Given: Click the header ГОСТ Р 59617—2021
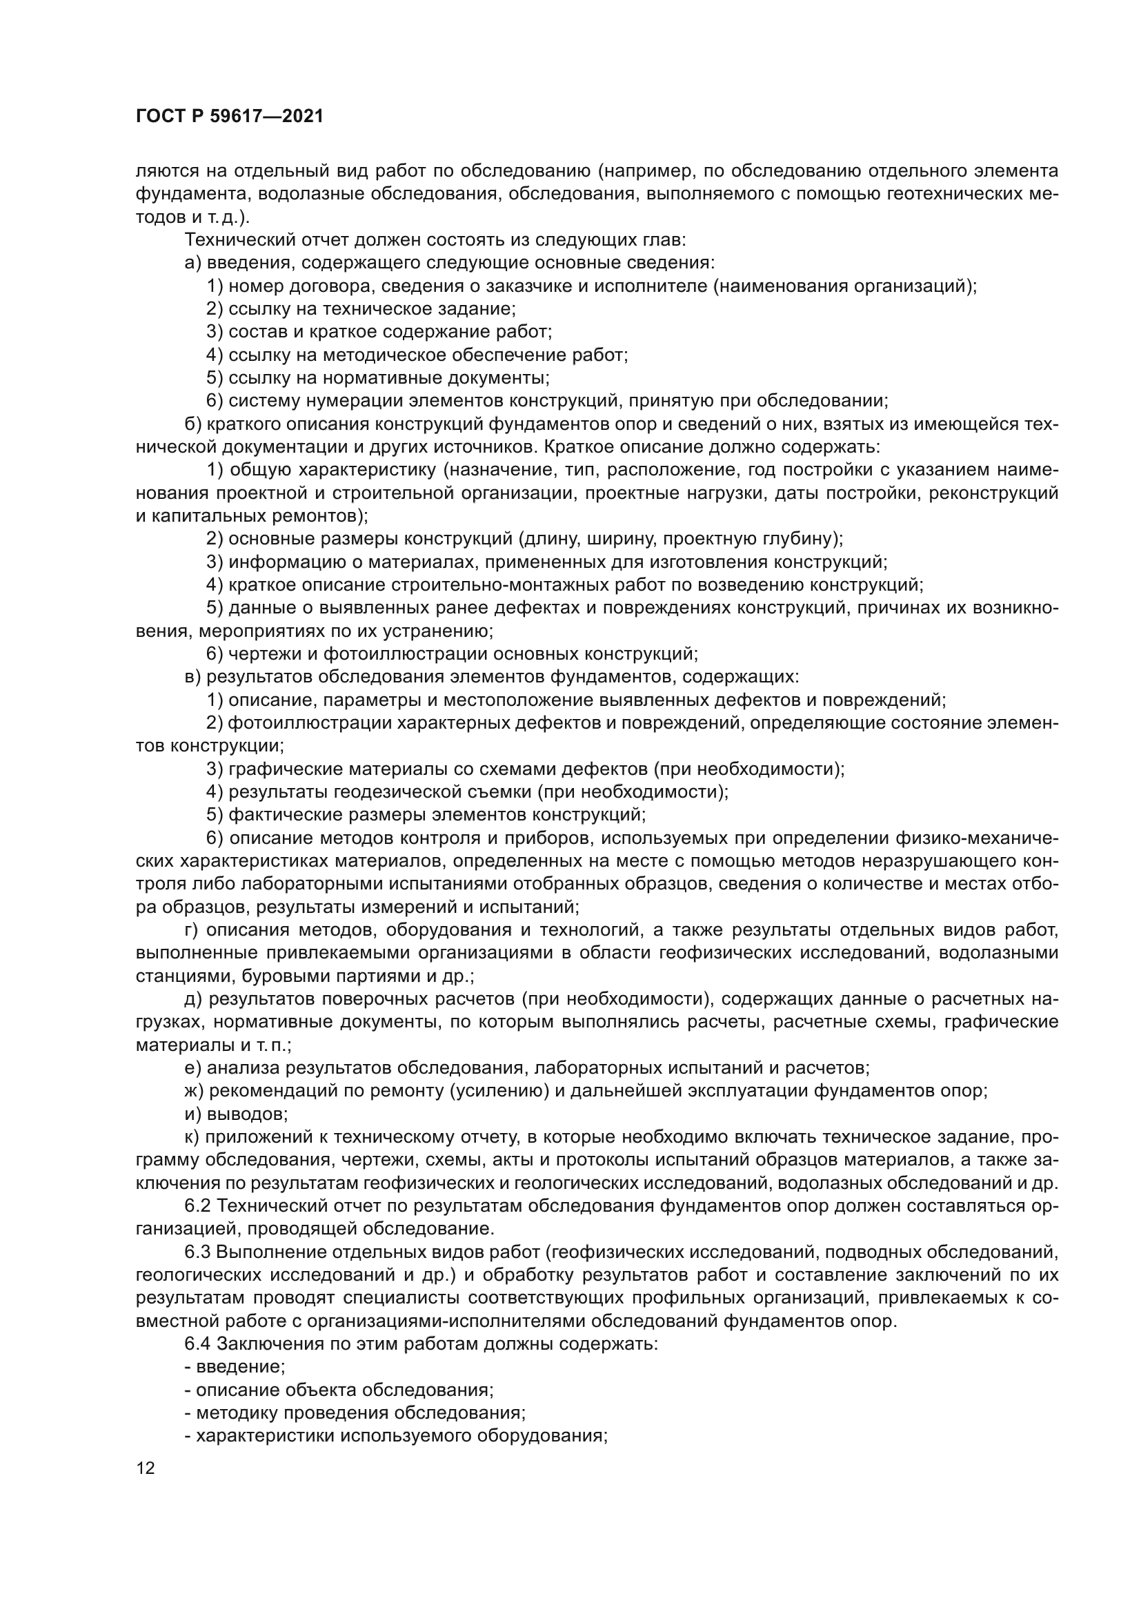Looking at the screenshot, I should click(229, 117).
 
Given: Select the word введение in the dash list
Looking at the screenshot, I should click(239, 1368).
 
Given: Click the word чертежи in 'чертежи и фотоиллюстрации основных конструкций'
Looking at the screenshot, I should click(260, 654).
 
